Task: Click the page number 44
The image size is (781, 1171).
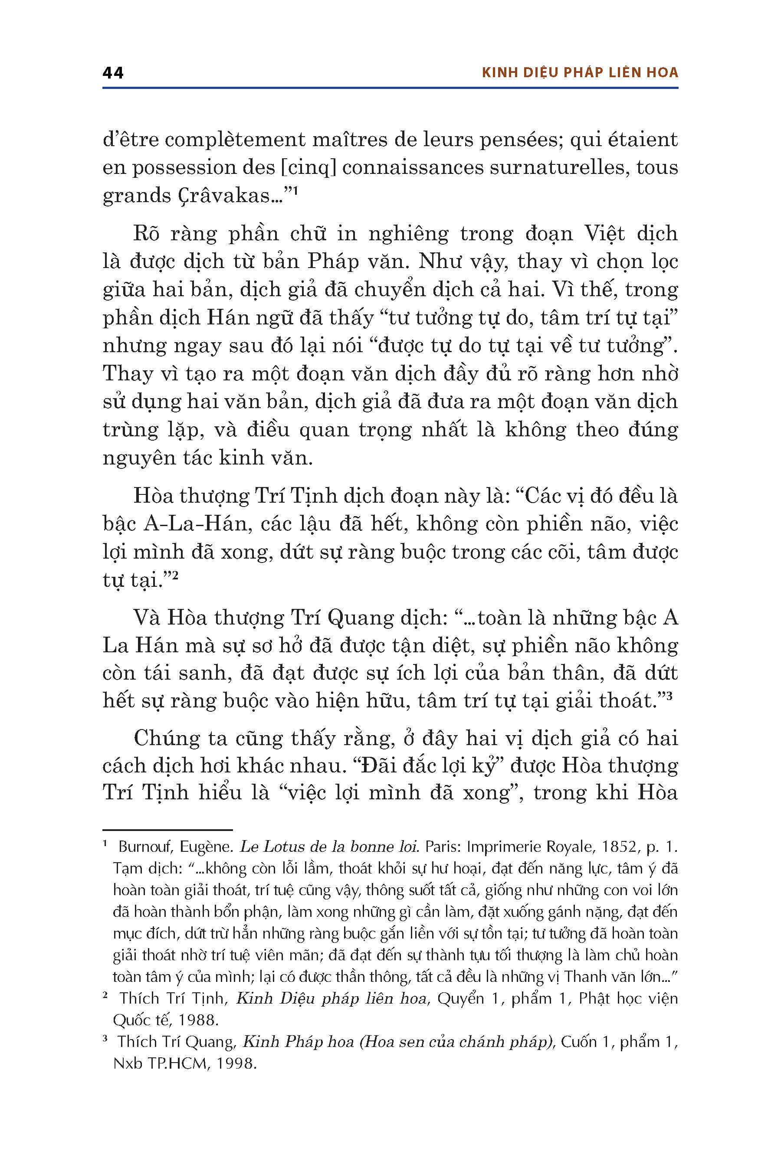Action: [x=113, y=73]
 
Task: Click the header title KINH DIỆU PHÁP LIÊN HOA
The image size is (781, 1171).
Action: [x=580, y=73]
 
